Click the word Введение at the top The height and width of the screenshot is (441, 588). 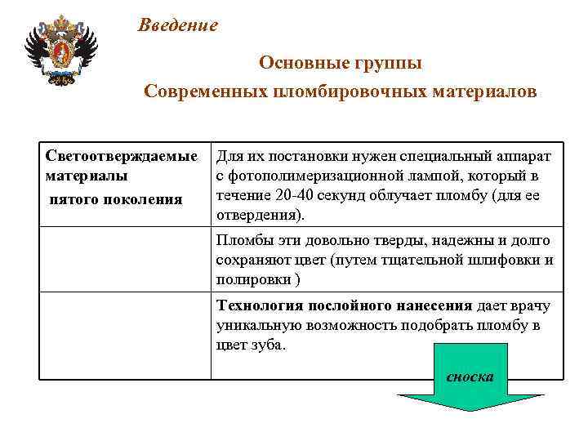(x=177, y=25)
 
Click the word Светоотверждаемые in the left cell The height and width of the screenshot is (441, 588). (x=122, y=155)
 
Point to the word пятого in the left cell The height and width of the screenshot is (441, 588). (x=73, y=199)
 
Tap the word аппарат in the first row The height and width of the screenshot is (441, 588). (x=524, y=156)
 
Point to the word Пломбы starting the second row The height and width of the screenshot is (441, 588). (x=241, y=241)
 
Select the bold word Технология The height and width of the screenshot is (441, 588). (x=260, y=306)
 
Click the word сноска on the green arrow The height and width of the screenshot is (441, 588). (x=470, y=376)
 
